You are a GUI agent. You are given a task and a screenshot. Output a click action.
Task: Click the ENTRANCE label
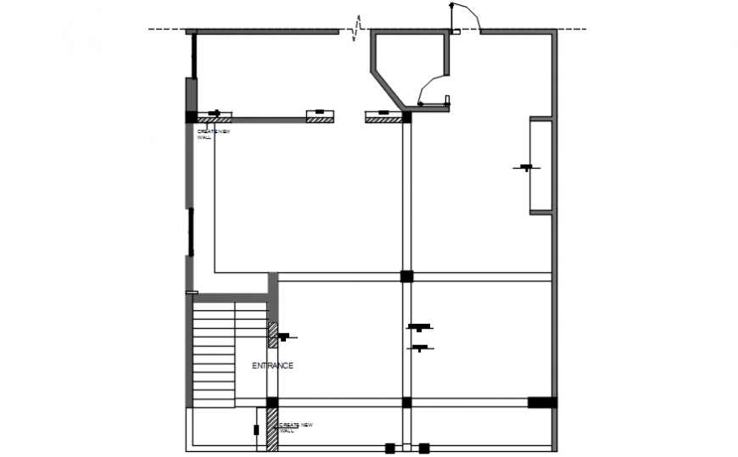point(272,365)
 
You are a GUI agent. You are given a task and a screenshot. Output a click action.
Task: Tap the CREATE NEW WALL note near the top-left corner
point(213,134)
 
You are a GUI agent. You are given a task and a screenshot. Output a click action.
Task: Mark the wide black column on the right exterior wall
point(542,402)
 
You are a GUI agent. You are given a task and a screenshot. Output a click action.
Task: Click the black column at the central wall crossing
point(406,276)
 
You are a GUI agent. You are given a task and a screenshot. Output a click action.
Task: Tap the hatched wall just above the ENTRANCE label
point(273,335)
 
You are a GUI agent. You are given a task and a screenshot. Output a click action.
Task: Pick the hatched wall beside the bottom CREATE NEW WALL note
point(272,429)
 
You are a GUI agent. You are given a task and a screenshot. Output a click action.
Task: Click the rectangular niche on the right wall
point(541,165)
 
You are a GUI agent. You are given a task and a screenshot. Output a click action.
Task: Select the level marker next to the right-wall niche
point(526,168)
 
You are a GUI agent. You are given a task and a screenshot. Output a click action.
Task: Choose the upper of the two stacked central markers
point(419,327)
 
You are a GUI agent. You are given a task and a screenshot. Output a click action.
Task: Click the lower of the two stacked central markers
point(419,347)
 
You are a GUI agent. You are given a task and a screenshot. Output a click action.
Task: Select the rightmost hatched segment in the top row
point(383,119)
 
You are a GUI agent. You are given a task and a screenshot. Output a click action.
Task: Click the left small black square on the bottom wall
point(389,448)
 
